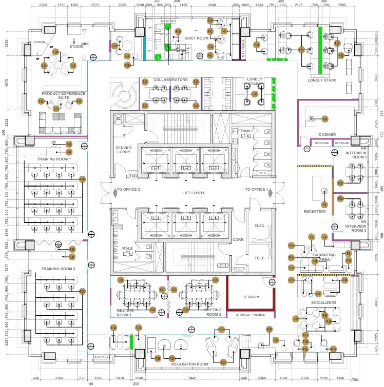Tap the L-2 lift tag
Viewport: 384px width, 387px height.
point(186,168)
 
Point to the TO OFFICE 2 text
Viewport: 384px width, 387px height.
point(128,190)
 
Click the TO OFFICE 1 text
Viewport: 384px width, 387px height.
point(257,190)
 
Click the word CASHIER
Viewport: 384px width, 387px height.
point(327,134)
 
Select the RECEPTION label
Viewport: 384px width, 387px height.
point(314,211)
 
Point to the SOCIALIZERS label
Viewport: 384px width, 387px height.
point(323,303)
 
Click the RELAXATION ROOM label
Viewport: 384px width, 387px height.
point(189,364)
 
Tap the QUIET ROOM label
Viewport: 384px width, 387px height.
point(196,38)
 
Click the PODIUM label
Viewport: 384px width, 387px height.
point(39,42)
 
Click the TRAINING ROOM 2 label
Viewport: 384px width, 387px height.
point(58,269)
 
